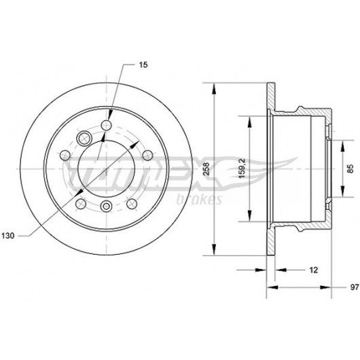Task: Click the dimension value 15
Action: pyautogui.click(x=143, y=65)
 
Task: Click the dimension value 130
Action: pyautogui.click(x=7, y=236)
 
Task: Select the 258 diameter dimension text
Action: pyautogui.click(x=206, y=169)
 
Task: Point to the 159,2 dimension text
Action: pyautogui.click(x=242, y=168)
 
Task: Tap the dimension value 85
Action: pyautogui.click(x=350, y=169)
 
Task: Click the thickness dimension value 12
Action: pyautogui.click(x=313, y=270)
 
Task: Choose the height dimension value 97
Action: pyautogui.click(x=355, y=287)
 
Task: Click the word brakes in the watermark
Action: pyautogui.click(x=199, y=200)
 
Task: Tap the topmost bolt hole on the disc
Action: pyautogui.click(x=106, y=125)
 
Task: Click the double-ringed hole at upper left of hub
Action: pyautogui.click(x=84, y=138)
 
